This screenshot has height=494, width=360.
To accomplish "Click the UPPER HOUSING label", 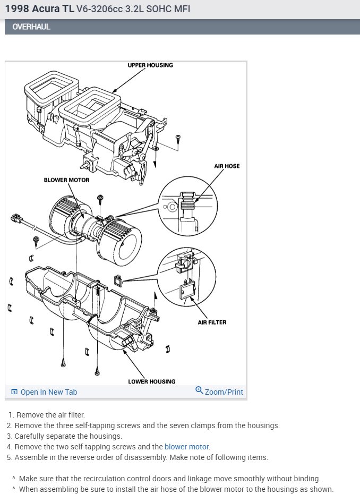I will click(x=150, y=65).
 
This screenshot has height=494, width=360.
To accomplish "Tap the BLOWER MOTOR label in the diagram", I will click(x=66, y=180).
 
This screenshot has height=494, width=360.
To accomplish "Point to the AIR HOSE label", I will click(x=227, y=166).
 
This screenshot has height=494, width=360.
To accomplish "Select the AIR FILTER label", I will click(x=212, y=322).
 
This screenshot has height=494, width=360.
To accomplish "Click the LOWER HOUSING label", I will click(x=151, y=381).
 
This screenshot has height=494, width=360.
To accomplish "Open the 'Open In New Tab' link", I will click(x=48, y=392).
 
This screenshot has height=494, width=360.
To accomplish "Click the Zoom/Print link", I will click(x=224, y=392).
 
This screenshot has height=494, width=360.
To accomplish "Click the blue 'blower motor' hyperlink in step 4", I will click(x=187, y=447).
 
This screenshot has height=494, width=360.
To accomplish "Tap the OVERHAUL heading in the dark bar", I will click(x=31, y=27).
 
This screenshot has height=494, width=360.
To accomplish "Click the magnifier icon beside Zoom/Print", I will click(x=199, y=391).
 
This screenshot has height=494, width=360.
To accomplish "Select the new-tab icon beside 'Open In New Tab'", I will click(x=14, y=392).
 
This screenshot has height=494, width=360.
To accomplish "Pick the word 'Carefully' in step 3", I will click(x=31, y=436).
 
